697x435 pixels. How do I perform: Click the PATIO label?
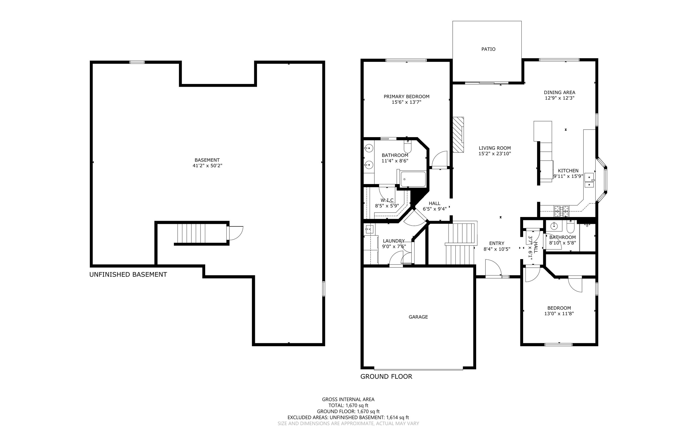(x=488, y=49)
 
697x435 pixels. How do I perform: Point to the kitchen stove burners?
(x=561, y=211)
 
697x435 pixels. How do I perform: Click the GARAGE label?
(x=418, y=317)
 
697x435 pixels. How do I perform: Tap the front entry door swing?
(x=493, y=268)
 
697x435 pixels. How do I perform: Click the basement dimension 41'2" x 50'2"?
(x=207, y=166)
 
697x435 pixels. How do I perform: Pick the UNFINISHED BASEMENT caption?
(x=128, y=274)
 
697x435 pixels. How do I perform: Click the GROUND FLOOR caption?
(x=386, y=377)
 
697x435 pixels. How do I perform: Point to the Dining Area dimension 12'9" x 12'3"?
(x=560, y=98)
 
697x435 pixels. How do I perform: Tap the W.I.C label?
(x=387, y=200)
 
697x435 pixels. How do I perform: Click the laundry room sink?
(x=369, y=229)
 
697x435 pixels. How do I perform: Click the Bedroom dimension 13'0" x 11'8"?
(x=559, y=314)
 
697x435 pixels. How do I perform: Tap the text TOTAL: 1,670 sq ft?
(x=348, y=405)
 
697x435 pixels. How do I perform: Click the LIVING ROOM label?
(x=495, y=148)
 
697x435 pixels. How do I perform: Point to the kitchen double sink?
(x=589, y=181)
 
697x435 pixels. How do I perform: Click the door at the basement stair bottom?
(x=236, y=233)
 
